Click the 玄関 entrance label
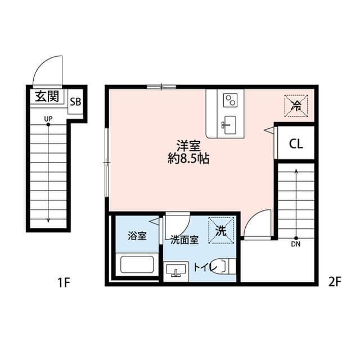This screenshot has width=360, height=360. tap(47, 96)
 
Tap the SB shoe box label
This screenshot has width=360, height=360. tap(75, 102)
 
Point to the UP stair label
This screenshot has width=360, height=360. tap(48, 118)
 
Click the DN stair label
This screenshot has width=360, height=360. tap(296, 244)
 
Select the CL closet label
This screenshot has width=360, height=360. tap(296, 144)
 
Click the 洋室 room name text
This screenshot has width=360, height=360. tap(188, 145)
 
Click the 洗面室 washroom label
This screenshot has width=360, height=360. tap(184, 240)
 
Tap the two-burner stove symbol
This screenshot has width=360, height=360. tap(230, 100)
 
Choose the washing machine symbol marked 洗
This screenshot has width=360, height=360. tap(222, 231)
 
